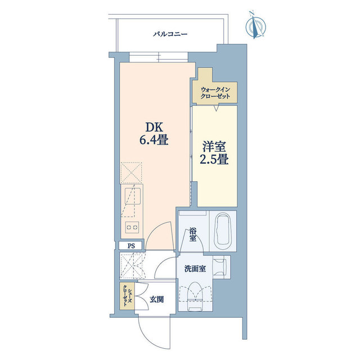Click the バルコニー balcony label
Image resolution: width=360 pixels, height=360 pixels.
170,34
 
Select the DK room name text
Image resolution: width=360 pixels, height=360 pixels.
154,127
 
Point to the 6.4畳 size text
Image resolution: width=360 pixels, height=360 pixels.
154,139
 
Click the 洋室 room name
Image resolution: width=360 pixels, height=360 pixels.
214,146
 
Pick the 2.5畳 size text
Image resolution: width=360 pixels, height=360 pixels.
214,159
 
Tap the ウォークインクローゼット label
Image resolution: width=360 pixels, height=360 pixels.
215,92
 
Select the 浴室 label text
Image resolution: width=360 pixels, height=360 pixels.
192,235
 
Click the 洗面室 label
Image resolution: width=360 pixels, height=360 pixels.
195,268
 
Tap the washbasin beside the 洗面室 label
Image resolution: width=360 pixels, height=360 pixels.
220,267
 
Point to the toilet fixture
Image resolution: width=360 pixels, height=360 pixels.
195,297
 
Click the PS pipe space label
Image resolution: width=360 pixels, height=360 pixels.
131,246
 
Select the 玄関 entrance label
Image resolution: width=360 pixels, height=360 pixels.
157,299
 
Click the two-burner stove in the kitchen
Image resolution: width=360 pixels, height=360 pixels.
132,227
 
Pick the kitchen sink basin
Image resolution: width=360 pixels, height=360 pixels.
133,196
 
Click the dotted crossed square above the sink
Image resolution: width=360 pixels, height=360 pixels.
131,173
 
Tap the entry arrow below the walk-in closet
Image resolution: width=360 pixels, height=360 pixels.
215,108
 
